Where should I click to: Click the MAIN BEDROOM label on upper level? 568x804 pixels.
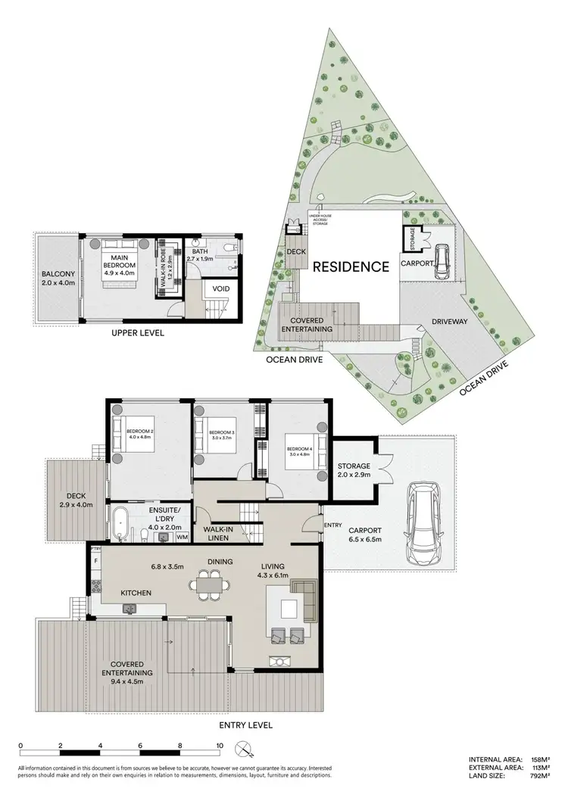pyautogui.click(x=120, y=261)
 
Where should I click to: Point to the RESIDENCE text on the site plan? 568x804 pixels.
pyautogui.click(x=351, y=266)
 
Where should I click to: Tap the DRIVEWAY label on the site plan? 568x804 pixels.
pyautogui.click(x=450, y=322)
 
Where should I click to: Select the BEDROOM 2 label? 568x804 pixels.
pyautogui.click(x=141, y=435)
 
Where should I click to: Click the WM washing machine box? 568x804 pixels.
pyautogui.click(x=182, y=537)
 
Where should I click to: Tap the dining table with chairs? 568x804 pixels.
pyautogui.click(x=212, y=584)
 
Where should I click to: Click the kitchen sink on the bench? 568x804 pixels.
pyautogui.click(x=130, y=608)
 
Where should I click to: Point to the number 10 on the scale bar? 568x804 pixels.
pyautogui.click(x=220, y=745)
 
